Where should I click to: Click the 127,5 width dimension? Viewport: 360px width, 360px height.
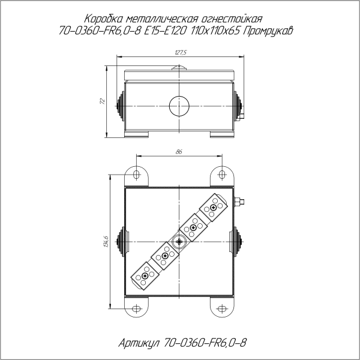(180, 53)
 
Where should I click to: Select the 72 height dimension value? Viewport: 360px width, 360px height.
(102, 101)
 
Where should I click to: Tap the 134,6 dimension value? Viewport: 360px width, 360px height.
(106, 241)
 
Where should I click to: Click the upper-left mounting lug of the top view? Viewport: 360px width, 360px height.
(137, 176)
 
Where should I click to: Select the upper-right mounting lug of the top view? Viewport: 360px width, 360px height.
(221, 176)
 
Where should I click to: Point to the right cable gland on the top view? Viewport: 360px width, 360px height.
(239, 242)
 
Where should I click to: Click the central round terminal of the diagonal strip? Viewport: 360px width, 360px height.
(179, 242)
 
